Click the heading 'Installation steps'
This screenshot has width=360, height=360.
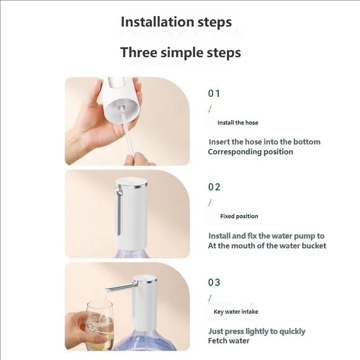point(176,22)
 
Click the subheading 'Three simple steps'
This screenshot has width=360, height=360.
point(180,52)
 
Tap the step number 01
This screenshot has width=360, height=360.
point(214,94)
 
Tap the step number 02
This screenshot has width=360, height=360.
point(214,187)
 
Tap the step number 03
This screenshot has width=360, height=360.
point(214,283)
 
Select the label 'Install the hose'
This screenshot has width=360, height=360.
point(238,122)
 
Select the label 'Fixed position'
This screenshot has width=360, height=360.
point(239,216)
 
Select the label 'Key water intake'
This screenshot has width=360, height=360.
point(236,311)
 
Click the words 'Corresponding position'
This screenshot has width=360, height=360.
point(250,152)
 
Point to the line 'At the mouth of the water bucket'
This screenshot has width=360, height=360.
point(267,246)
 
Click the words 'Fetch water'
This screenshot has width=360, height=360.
point(229,341)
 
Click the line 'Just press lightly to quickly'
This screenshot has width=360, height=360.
point(256,331)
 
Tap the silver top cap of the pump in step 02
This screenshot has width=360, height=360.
point(131,183)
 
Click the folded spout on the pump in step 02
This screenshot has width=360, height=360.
point(118,211)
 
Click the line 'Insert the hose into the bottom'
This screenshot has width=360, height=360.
point(265,142)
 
